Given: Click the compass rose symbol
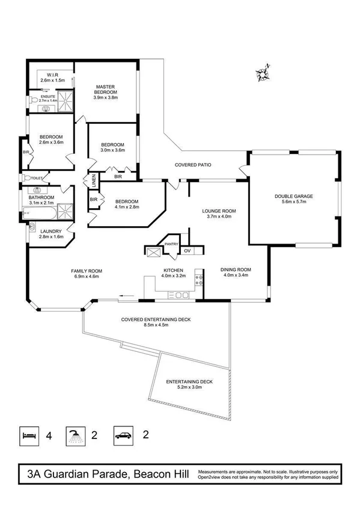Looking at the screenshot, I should coord(263,73).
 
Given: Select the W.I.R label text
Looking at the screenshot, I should coord(49,74).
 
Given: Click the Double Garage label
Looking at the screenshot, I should coord(294,195).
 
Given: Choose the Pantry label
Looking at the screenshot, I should coord(171,244).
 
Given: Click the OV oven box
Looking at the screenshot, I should coord(187,250).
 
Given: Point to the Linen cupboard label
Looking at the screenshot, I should coord(94,180).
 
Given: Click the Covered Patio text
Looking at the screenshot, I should coord(193,164).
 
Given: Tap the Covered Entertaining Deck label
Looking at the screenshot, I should coord(156,319).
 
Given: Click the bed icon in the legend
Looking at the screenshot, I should coord(28,435).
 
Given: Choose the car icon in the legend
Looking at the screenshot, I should coord(122,435).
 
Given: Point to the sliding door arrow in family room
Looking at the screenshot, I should coord(126,295).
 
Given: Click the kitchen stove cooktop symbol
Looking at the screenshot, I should coord(179,295).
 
